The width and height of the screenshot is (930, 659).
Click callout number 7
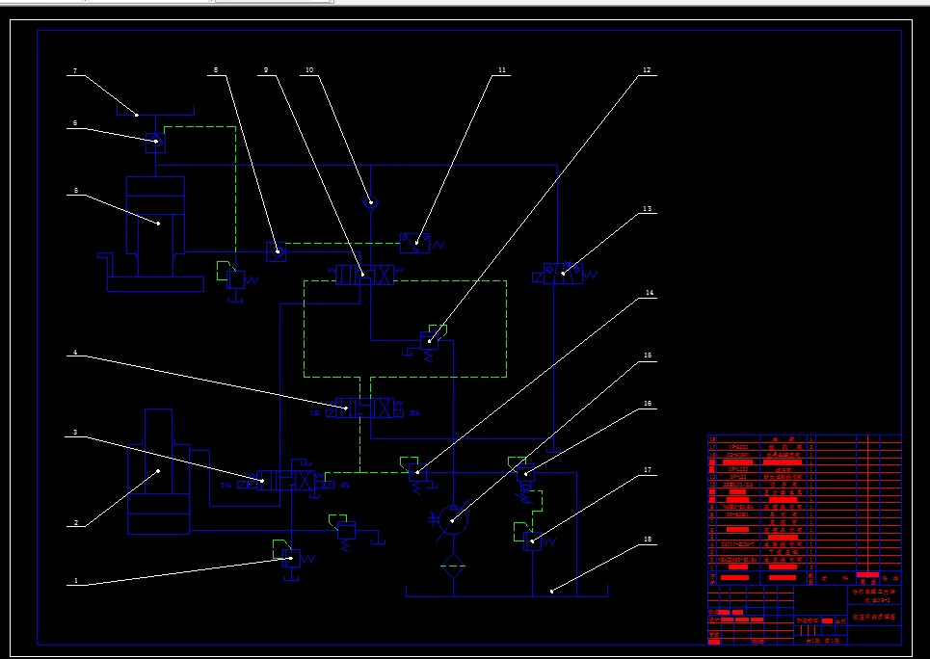tap(74, 72)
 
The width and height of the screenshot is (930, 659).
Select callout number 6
tap(74, 124)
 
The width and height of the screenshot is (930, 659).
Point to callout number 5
tap(74, 192)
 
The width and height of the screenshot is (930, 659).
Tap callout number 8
tap(215, 70)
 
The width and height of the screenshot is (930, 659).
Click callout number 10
tap(309, 70)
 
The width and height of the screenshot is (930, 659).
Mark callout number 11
tap(501, 70)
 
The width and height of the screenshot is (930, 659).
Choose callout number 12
tap(647, 70)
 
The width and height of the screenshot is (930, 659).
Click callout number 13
tap(648, 209)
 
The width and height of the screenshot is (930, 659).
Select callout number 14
tap(649, 293)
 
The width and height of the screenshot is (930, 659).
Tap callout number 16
tap(648, 404)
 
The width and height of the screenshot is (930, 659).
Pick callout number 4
tap(74, 354)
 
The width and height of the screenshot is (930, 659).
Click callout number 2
tap(74, 525)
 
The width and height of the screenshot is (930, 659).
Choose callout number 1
tap(74, 583)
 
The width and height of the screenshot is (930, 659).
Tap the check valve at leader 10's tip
tap(371, 203)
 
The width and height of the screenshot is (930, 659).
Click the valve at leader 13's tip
tap(563, 276)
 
